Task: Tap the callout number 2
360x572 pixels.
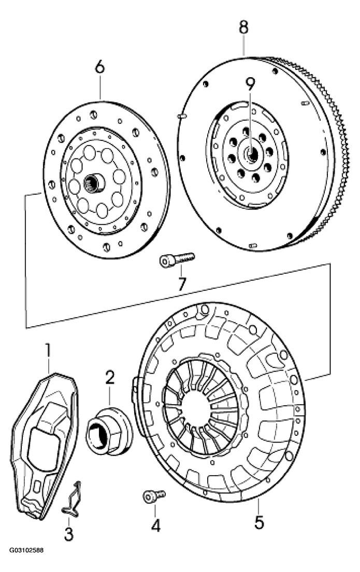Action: pos(109,377)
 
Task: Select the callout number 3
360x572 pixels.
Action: pos(69,534)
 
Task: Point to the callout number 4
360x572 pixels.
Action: pos(155,525)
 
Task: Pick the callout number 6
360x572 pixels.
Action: pos(99,67)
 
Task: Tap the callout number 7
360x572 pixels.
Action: pos(182,284)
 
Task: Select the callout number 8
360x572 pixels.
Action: pos(243,27)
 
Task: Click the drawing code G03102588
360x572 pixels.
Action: pos(25,562)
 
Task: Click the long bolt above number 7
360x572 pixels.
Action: pos(176,259)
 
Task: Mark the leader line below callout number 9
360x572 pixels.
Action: pos(251,119)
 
